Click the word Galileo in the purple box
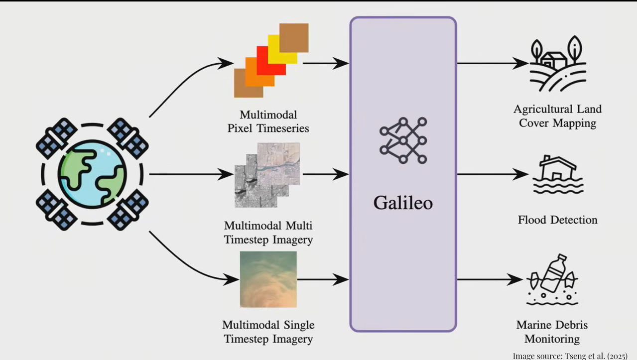pos(403,203)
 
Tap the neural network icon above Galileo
pos(403,141)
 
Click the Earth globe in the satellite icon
pos(92,174)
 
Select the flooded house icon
pos(558,175)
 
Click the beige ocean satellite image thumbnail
pos(268,279)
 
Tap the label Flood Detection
pos(557,220)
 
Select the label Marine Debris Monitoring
pos(552,332)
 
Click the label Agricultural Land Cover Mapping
pos(557,116)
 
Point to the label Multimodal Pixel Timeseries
pos(268,121)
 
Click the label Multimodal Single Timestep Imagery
pos(268,332)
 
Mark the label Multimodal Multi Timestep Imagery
pos(268,233)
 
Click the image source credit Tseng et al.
pos(570,356)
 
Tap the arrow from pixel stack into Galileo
pos(326,63)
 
